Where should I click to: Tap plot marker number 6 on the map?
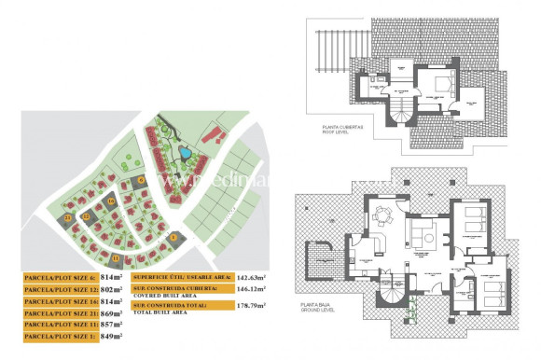pyautogui.click(x=141, y=179)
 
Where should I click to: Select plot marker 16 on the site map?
pyautogui.click(x=110, y=201)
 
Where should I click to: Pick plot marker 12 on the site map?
pyautogui.click(x=86, y=217)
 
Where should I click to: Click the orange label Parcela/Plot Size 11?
pyautogui.click(x=59, y=325)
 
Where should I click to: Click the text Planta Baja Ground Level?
pyautogui.click(x=317, y=307)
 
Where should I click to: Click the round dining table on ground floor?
pyautogui.click(x=381, y=217)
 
